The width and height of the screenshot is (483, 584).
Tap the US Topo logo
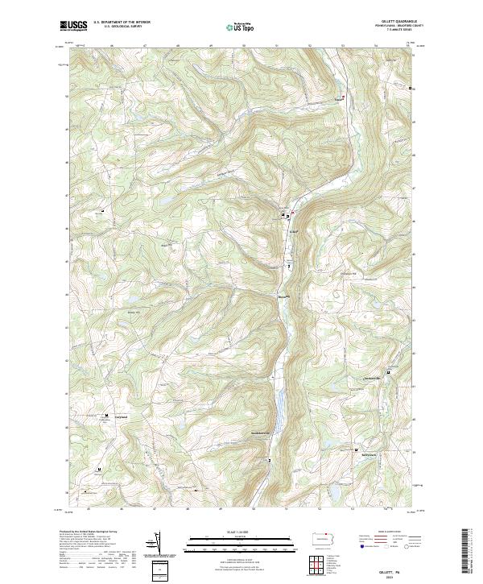(233, 27)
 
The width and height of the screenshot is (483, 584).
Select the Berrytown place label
(367, 454)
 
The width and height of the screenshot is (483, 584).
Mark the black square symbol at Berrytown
(357, 449)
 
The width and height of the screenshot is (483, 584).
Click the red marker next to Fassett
(345, 97)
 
